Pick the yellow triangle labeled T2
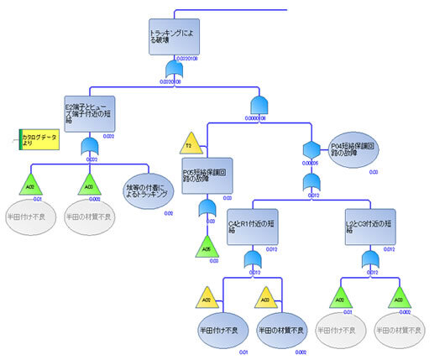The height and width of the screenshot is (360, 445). [190, 142]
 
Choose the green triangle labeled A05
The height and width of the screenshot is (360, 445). [206, 247]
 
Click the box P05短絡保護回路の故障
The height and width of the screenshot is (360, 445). [206, 175]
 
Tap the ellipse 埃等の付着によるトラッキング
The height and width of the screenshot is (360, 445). [149, 190]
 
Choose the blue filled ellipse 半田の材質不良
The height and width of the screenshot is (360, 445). [282, 328]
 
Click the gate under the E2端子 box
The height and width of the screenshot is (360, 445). [89, 149]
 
